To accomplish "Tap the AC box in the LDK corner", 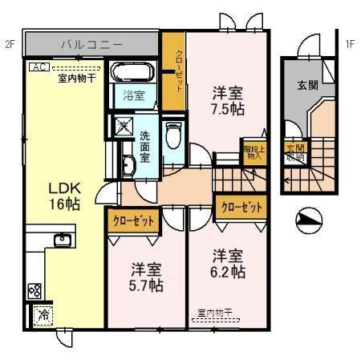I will (x=38, y=69).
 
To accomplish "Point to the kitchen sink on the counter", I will (x=63, y=239).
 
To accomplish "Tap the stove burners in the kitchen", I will (x=36, y=290).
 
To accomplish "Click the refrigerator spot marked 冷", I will (x=41, y=315).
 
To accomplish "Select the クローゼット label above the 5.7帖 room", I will (x=132, y=220).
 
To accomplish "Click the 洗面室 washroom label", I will (x=144, y=146).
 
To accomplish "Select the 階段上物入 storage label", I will (x=254, y=153).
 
